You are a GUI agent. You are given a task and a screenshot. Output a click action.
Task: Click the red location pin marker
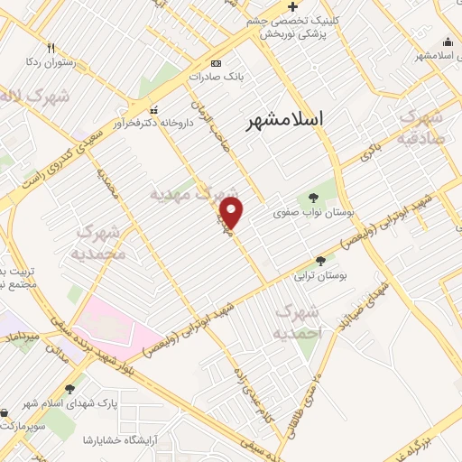point(232,214)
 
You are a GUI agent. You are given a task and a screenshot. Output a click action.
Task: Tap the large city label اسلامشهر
point(290,120)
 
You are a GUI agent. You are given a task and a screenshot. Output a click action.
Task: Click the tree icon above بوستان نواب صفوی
point(312,198)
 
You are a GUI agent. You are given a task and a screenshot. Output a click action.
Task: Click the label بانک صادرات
point(217,79)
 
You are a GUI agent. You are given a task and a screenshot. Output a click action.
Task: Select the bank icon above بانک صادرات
point(216,63)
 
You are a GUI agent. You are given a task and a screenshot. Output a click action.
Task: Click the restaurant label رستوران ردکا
point(50,63)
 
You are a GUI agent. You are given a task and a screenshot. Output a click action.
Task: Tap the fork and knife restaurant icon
point(51,48)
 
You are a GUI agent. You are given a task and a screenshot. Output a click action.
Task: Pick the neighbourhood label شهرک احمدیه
point(299,321)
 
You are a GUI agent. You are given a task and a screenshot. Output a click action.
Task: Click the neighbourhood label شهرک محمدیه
point(97,242)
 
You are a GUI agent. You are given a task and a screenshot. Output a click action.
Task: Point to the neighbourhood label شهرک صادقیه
point(423,128)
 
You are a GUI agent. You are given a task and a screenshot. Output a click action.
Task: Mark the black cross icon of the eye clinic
point(291,7)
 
